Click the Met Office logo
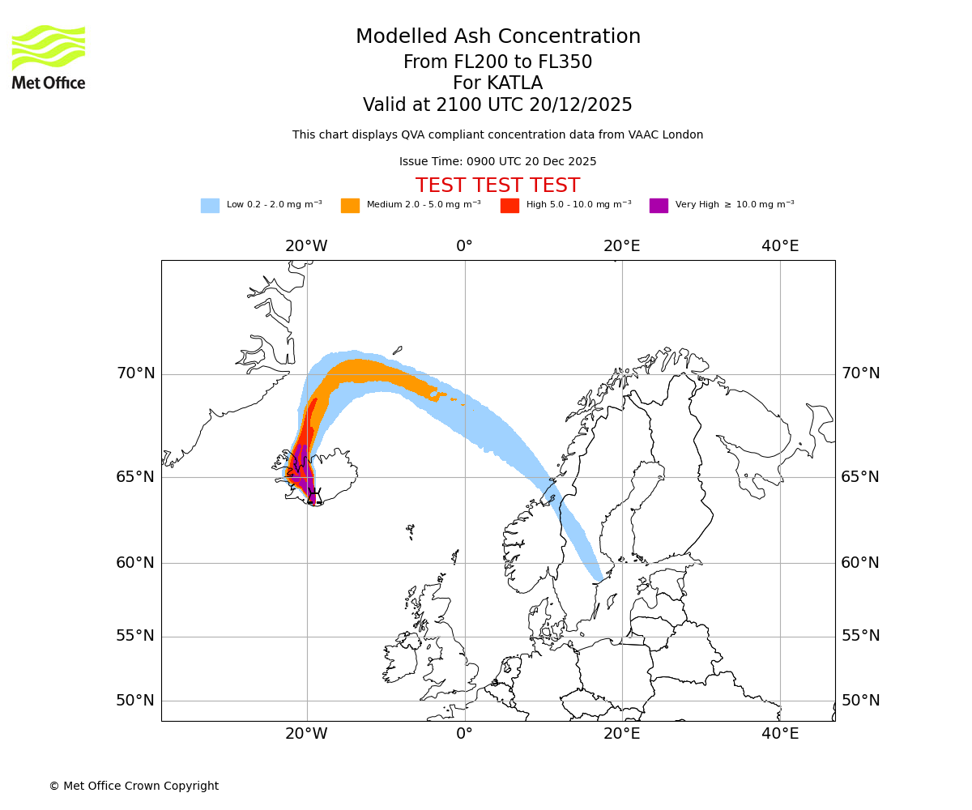(x=49, y=57)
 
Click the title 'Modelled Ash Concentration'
(x=497, y=37)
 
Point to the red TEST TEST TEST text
(x=497, y=185)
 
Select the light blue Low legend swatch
(x=210, y=206)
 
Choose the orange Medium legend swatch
(x=350, y=206)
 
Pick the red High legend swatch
(x=509, y=206)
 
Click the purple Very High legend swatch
(x=659, y=206)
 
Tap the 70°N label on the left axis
(x=135, y=373)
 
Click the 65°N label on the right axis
(x=860, y=476)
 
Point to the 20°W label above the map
(x=306, y=246)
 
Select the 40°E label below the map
(x=780, y=734)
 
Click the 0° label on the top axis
(x=464, y=246)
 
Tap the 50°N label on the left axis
(x=135, y=701)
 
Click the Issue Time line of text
(x=497, y=161)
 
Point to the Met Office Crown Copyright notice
(x=134, y=786)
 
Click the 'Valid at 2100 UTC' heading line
(x=497, y=105)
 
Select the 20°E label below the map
(x=622, y=734)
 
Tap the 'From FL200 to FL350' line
(x=497, y=62)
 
